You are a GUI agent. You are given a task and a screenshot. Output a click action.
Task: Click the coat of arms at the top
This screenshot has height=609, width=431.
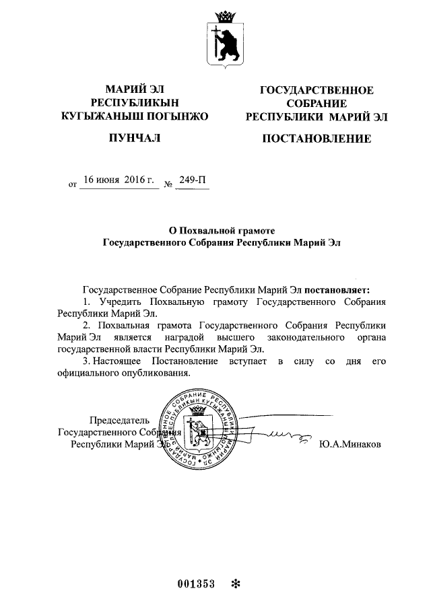coord(224,39)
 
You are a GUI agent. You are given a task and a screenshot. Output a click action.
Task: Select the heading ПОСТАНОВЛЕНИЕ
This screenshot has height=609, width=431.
coord(316,139)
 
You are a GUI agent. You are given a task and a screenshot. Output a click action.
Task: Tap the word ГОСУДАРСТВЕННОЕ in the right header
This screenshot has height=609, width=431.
coord(316,91)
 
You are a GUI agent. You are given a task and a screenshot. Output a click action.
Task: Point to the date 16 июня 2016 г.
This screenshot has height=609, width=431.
coord(119,180)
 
